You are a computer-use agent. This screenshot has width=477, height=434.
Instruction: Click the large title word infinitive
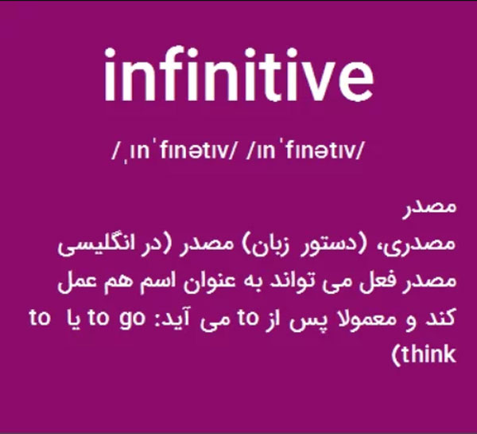point(238,74)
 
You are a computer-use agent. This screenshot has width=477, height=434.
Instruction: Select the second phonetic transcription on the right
point(305,151)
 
